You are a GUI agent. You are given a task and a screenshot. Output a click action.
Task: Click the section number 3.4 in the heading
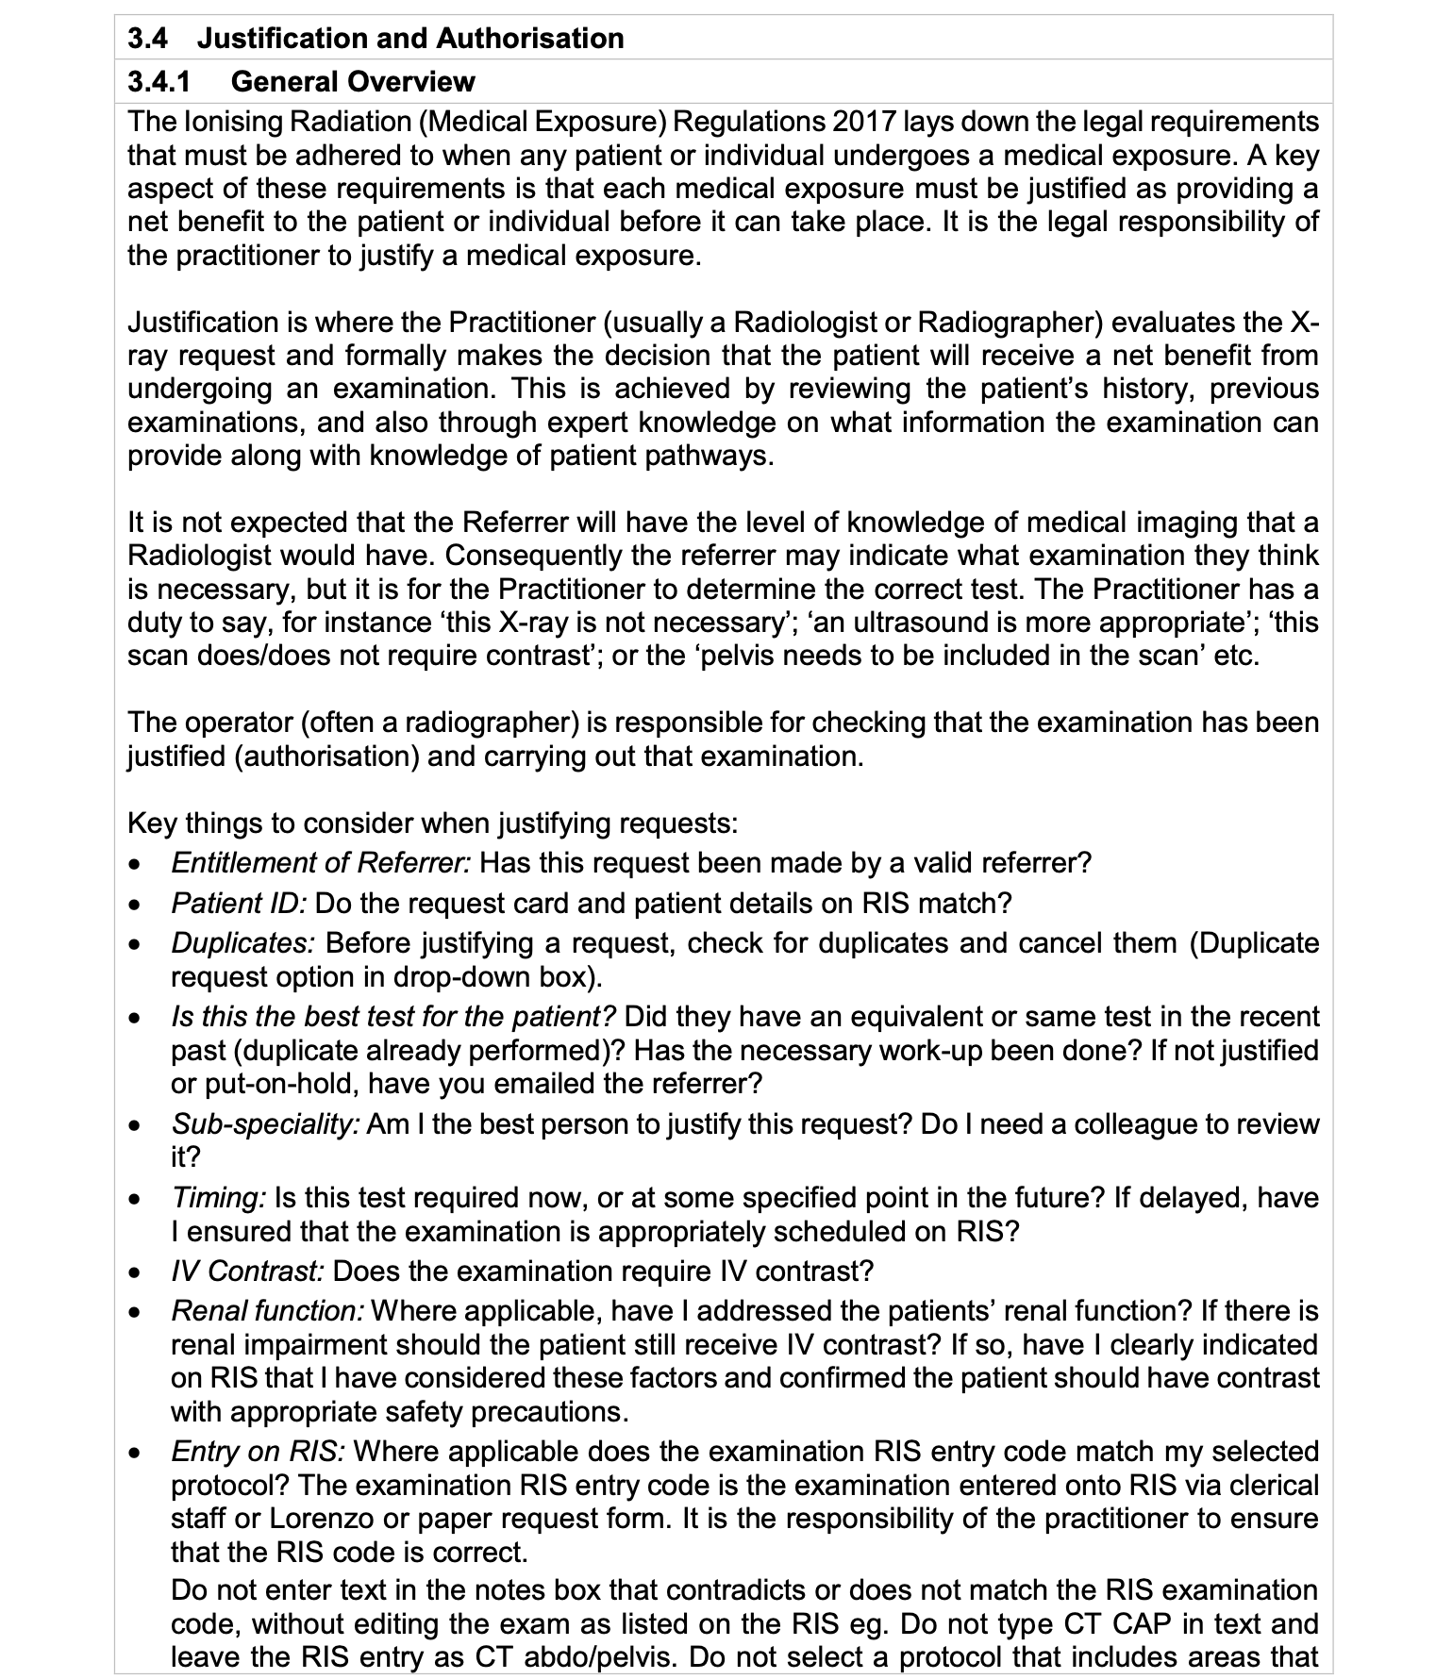tap(147, 39)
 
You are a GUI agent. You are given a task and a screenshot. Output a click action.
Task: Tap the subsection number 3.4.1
tap(159, 82)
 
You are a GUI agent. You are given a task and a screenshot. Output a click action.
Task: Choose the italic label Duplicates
tap(243, 943)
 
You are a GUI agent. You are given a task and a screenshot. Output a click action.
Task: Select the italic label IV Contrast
tap(247, 1272)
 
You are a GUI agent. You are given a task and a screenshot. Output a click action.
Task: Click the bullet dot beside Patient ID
tap(137, 905)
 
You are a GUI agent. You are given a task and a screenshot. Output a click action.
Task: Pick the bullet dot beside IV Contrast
tap(137, 1272)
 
